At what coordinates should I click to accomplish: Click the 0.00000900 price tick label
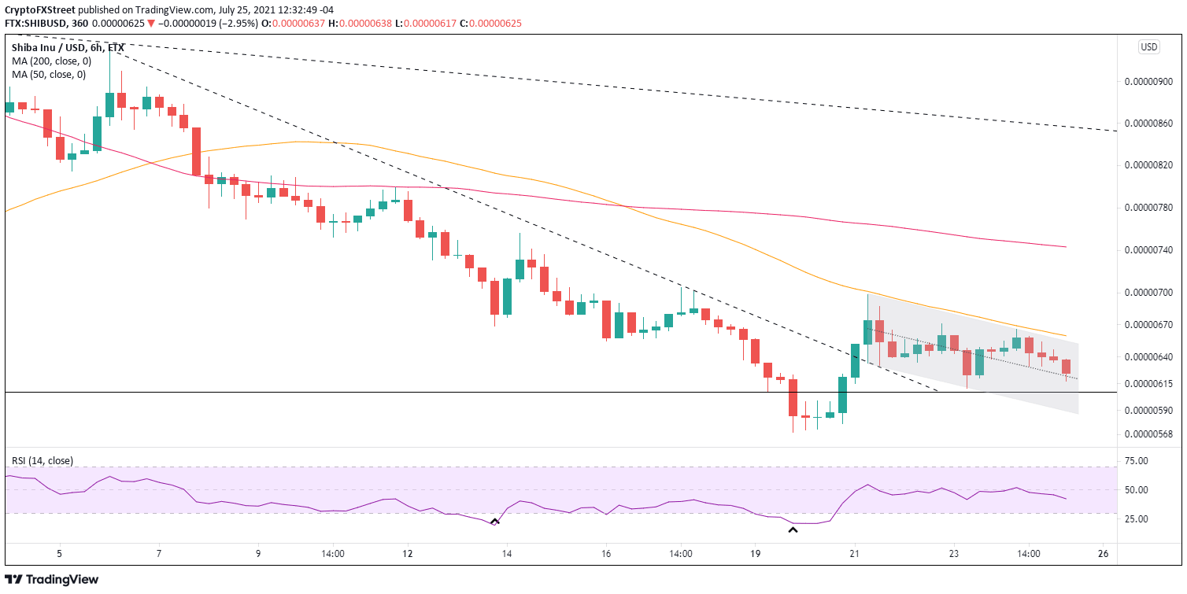tap(1148, 82)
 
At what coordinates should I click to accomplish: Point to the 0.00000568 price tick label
tap(1148, 434)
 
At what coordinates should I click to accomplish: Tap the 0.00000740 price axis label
tap(1148, 250)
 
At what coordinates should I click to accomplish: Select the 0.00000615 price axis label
tap(1148, 384)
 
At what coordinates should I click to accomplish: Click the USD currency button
tap(1148, 47)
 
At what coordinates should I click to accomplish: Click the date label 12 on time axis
tap(406, 554)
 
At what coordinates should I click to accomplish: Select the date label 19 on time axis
tap(754, 554)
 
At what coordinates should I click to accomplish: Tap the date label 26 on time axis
tap(1103, 554)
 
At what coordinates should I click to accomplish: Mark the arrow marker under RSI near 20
tap(793, 531)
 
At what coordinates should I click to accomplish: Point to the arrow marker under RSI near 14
tap(495, 521)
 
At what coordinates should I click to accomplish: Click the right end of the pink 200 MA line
tap(1066, 247)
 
